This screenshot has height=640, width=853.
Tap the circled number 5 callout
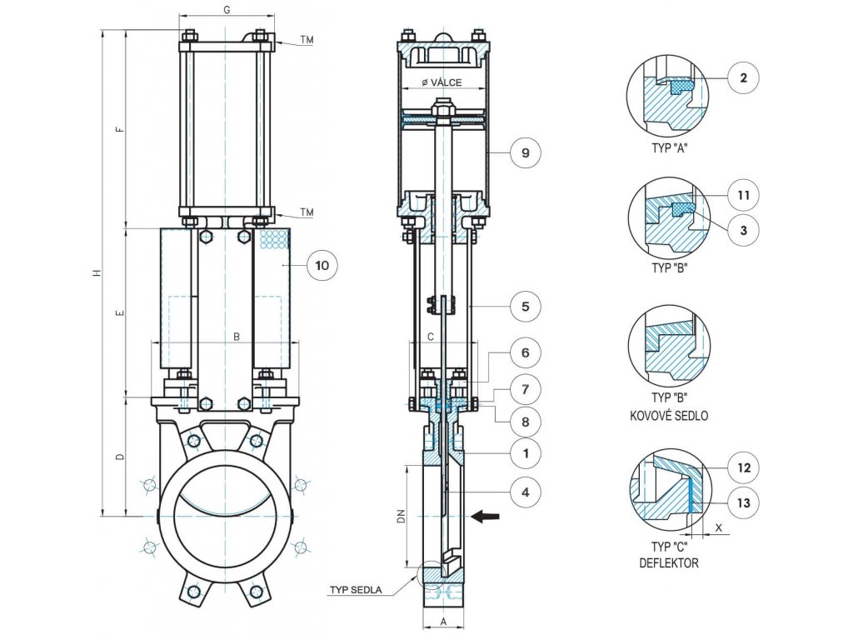coord(525,306)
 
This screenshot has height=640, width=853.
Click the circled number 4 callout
coord(525,492)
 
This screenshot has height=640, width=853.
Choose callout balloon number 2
coord(743,79)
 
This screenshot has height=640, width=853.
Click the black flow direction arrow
coord(485,517)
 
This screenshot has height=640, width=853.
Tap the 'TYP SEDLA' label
coord(355,590)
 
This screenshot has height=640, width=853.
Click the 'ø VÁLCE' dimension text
coord(441,82)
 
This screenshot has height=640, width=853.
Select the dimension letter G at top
coord(227,9)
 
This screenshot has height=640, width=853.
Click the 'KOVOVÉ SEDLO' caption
coord(676,415)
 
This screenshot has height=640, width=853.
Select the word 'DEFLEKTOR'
coord(670,563)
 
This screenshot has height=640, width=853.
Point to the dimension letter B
coord(237,337)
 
